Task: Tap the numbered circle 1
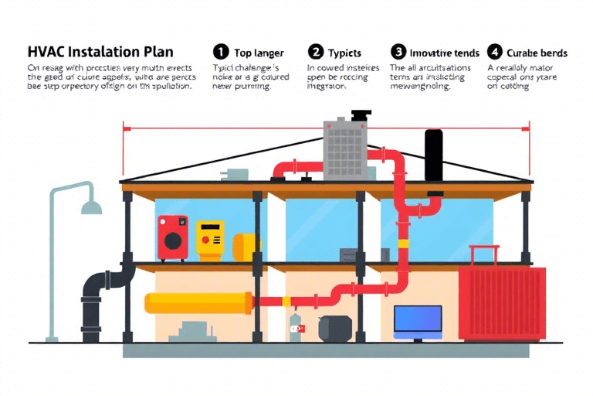click(x=221, y=52)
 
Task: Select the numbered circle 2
click(x=315, y=52)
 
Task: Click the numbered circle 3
click(x=398, y=52)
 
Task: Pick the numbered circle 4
click(x=494, y=52)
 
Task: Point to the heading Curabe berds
click(x=537, y=53)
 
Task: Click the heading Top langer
click(x=259, y=53)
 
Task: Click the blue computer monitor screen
click(x=418, y=319)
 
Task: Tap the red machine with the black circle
click(x=173, y=237)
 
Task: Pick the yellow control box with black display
click(x=209, y=238)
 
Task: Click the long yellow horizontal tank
click(x=197, y=302)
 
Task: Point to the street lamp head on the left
click(x=92, y=207)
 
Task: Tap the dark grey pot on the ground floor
click(x=334, y=328)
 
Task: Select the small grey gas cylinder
click(x=294, y=328)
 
